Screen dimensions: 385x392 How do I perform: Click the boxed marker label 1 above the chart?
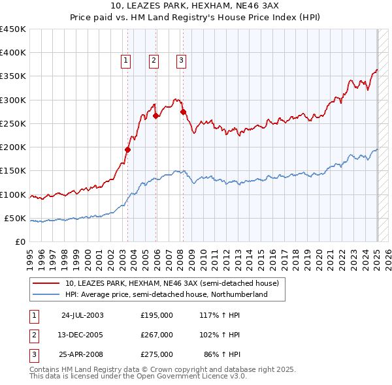125,61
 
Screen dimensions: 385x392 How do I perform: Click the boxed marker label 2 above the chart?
153,61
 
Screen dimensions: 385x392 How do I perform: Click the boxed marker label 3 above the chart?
180,61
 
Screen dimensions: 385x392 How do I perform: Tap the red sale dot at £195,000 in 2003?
128,149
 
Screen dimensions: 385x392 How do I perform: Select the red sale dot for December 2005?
156,116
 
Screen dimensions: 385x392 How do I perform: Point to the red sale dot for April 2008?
183,112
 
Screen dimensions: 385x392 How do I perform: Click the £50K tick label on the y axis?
16,218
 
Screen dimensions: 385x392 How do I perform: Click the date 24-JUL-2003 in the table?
82,315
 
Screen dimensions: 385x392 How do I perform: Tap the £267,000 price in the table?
157,335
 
